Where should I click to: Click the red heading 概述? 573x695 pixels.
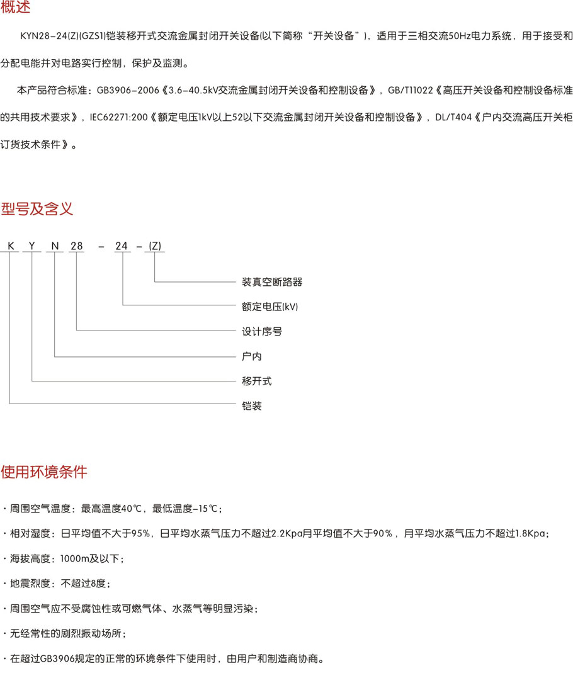click(x=15, y=8)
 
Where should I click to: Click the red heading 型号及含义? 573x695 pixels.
click(x=37, y=209)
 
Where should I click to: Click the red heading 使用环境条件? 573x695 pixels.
click(x=44, y=472)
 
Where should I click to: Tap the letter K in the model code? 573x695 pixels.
click(x=9, y=246)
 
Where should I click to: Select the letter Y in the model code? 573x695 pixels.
click(x=31, y=246)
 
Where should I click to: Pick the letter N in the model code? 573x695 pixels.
click(x=55, y=246)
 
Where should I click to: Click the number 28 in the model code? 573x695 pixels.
click(x=76, y=246)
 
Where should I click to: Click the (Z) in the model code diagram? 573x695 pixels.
click(x=155, y=246)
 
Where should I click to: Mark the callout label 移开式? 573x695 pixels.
click(x=257, y=381)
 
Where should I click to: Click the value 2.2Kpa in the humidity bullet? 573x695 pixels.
click(x=284, y=534)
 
